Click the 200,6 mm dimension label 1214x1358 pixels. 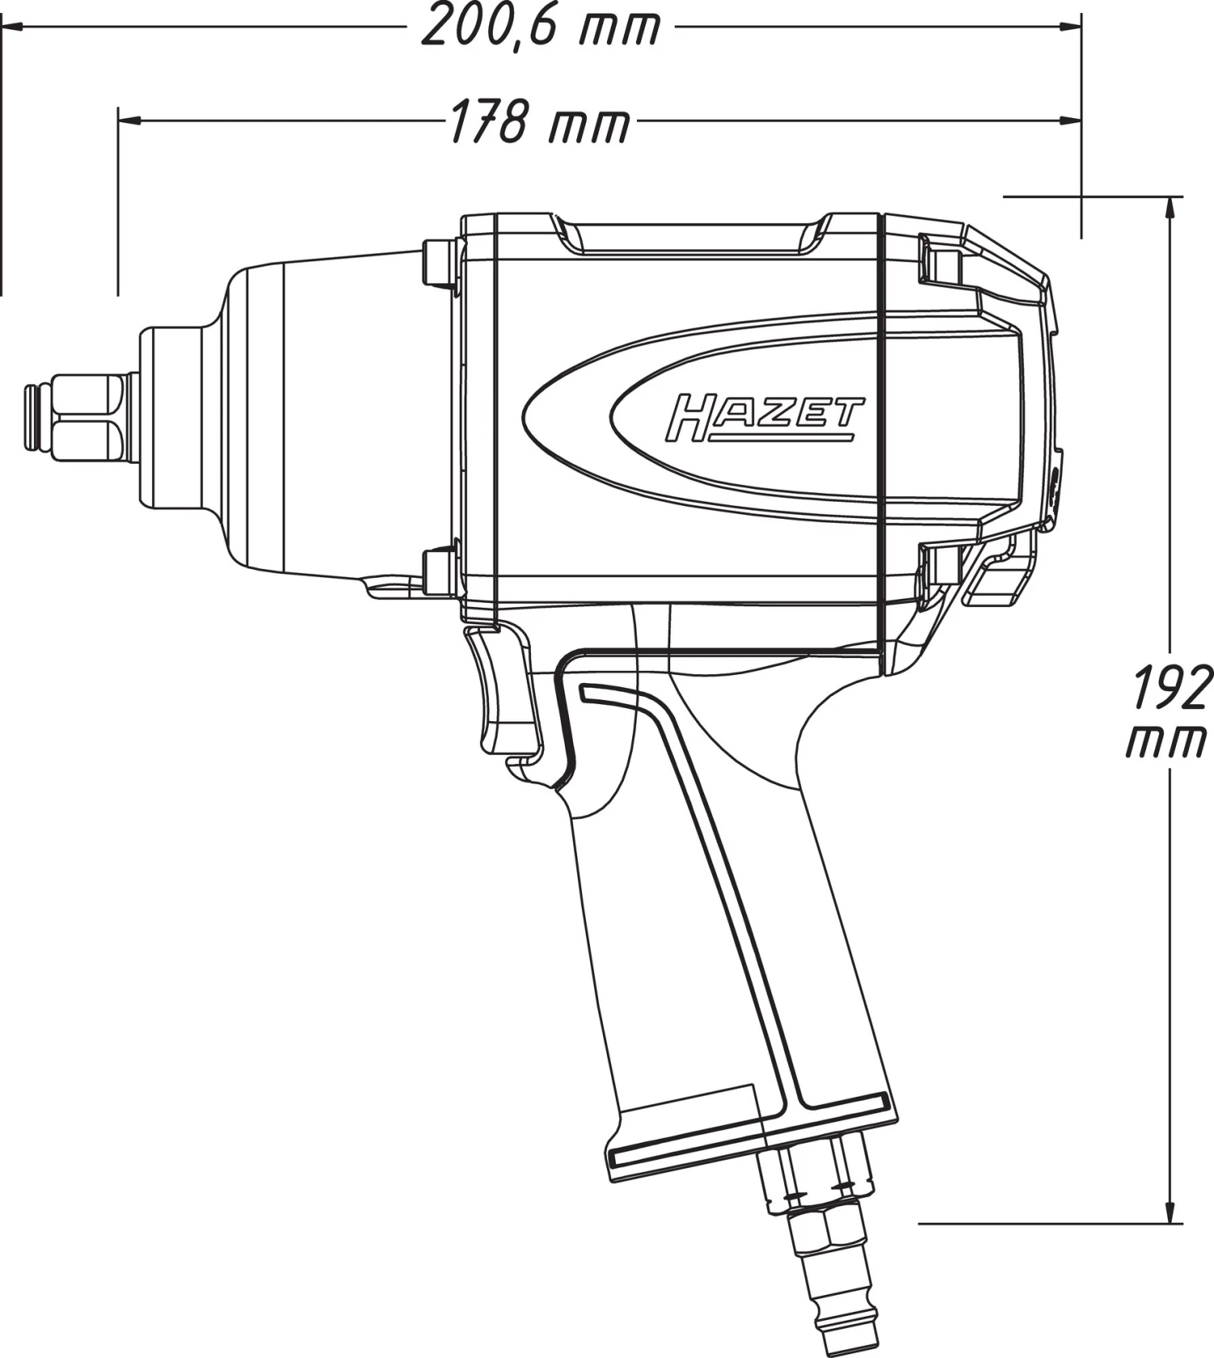(x=541, y=27)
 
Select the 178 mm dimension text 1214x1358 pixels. (x=539, y=122)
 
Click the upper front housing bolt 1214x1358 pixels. (x=440, y=263)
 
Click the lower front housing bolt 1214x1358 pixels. (x=440, y=572)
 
